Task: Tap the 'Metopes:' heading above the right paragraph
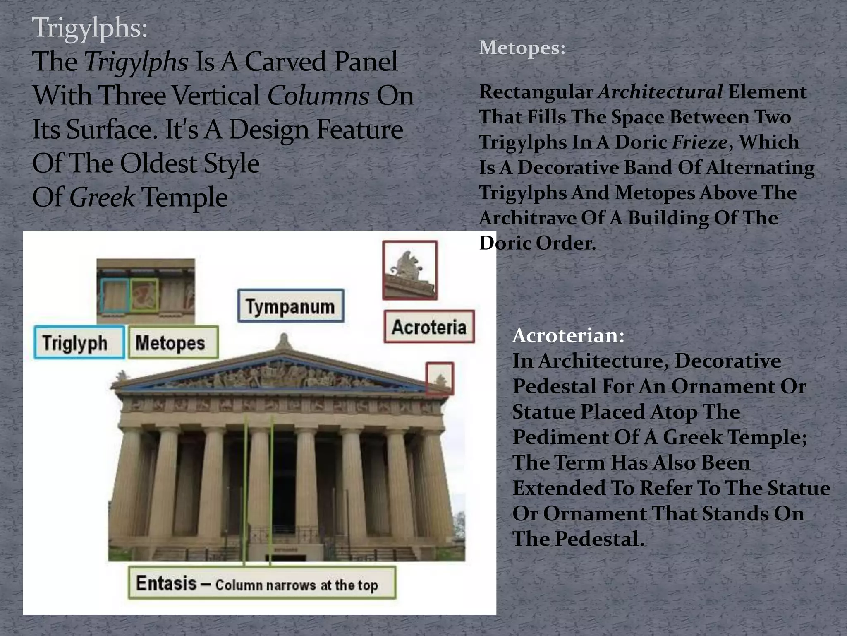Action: (522, 48)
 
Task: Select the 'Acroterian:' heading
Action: (568, 335)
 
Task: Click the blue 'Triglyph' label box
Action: (79, 342)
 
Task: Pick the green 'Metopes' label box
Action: (173, 342)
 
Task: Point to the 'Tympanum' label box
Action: (291, 306)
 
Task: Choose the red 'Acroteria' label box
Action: (429, 327)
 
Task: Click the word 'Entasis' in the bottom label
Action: (166, 583)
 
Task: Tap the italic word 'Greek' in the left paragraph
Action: (102, 197)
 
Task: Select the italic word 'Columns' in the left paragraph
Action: (318, 96)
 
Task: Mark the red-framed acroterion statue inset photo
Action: (409, 270)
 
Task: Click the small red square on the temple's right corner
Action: (440, 378)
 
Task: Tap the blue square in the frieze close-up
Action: (115, 295)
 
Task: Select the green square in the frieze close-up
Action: (144, 295)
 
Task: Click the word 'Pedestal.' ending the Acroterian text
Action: (599, 539)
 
